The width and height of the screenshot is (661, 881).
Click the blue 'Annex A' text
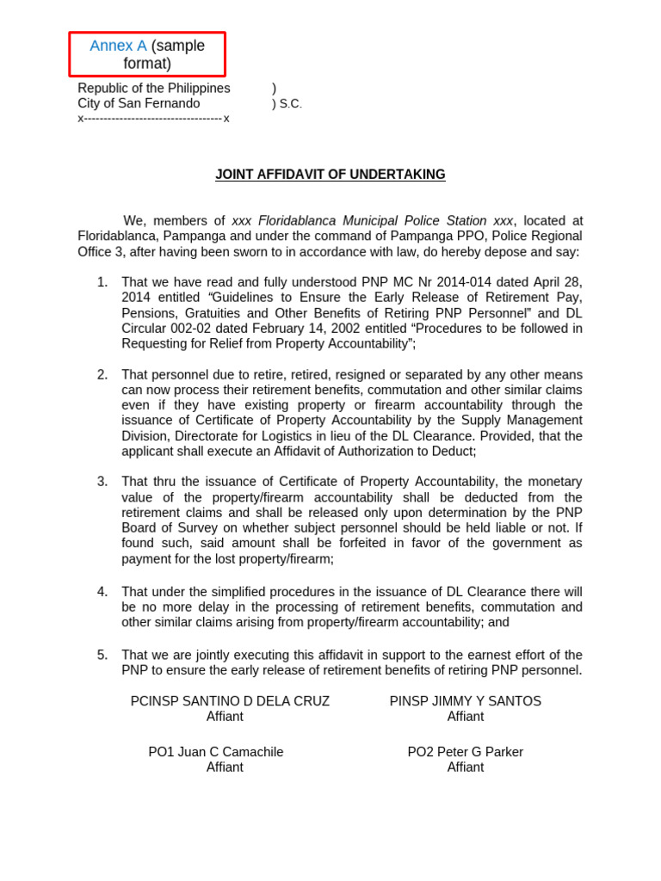point(118,46)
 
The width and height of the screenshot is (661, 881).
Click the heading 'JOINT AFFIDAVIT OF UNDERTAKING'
point(330,175)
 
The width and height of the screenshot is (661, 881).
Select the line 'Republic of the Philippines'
point(154,89)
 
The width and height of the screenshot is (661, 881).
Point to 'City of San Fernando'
point(139,103)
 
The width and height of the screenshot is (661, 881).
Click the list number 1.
point(102,282)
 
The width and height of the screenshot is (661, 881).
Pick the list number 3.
point(102,482)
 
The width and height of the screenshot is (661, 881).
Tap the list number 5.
point(102,655)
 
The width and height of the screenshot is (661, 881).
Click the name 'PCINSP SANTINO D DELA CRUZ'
point(230,701)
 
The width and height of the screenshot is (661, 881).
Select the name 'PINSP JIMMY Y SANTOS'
point(466,701)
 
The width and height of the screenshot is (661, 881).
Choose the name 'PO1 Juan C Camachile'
point(216,752)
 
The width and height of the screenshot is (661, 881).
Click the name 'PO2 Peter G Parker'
point(466,752)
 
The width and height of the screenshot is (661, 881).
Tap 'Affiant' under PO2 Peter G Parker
point(466,767)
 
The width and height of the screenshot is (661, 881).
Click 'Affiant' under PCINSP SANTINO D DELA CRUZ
point(225,717)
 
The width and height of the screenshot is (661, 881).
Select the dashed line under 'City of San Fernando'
point(153,118)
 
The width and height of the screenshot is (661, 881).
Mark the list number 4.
point(102,592)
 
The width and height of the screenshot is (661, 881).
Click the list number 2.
point(102,374)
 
